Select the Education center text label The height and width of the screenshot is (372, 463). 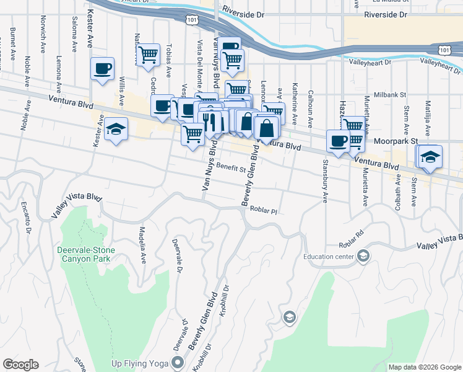point(329,256)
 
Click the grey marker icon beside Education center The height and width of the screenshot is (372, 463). point(363,255)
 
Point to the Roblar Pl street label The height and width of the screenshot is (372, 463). point(263,211)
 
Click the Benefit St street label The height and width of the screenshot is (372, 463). point(235,167)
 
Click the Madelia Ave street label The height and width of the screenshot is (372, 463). point(142,247)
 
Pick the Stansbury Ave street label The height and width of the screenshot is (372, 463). point(325,182)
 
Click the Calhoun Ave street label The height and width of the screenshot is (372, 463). point(311,102)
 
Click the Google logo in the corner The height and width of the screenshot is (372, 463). point(20,365)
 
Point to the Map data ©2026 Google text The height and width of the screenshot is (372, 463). point(424,367)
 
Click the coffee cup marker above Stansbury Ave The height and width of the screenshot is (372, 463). point(338,141)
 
